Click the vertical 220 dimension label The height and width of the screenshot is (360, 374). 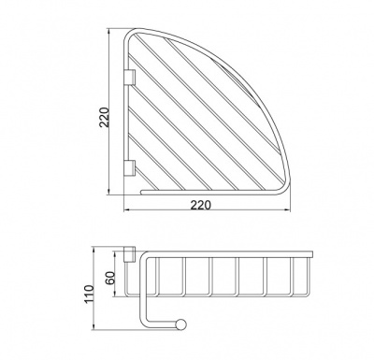click(104, 117)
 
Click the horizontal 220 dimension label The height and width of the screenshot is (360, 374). click(201, 205)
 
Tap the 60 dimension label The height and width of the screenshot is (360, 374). click(111, 278)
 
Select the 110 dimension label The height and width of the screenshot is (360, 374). click(89, 295)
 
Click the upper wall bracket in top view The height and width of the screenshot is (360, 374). click(130, 77)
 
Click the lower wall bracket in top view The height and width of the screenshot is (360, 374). click(130, 167)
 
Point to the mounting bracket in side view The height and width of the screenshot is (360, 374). click(129, 254)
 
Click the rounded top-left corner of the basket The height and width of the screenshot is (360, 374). click(128, 35)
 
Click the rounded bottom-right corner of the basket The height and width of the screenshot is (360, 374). click(282, 190)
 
